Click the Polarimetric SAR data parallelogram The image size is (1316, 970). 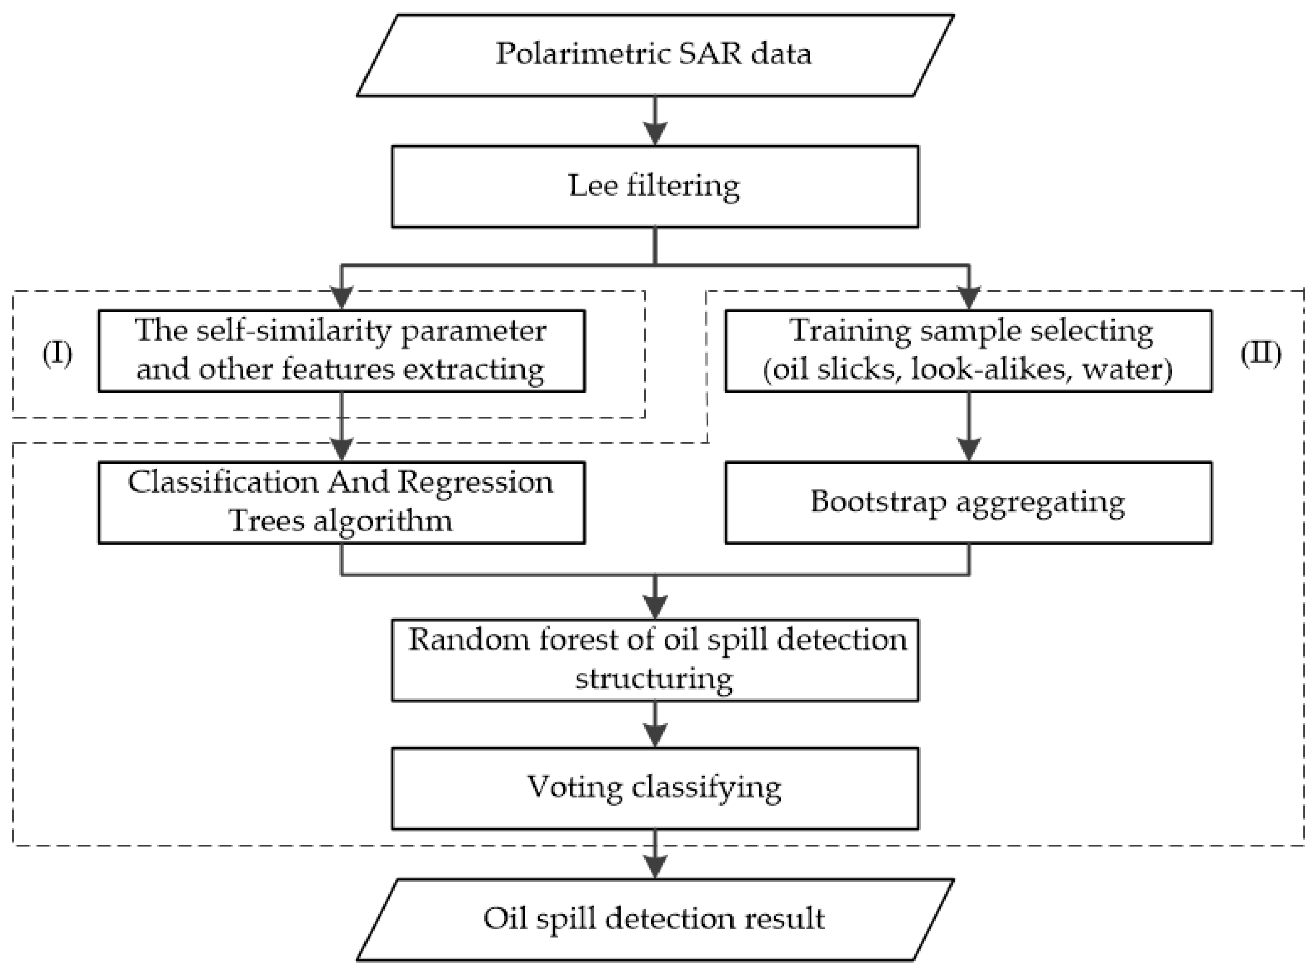pos(654,55)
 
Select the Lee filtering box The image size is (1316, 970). pos(654,187)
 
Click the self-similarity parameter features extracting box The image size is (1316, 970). pos(341,351)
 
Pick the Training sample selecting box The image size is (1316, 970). pos(968,351)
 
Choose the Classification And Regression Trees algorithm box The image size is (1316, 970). pos(341,503)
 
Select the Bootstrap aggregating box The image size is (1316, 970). pos(968,503)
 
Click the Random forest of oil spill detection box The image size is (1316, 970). pos(654,660)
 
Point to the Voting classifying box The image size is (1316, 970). pos(654,788)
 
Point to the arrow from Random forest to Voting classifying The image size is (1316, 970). pos(655,725)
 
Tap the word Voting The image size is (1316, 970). pos(574,788)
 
